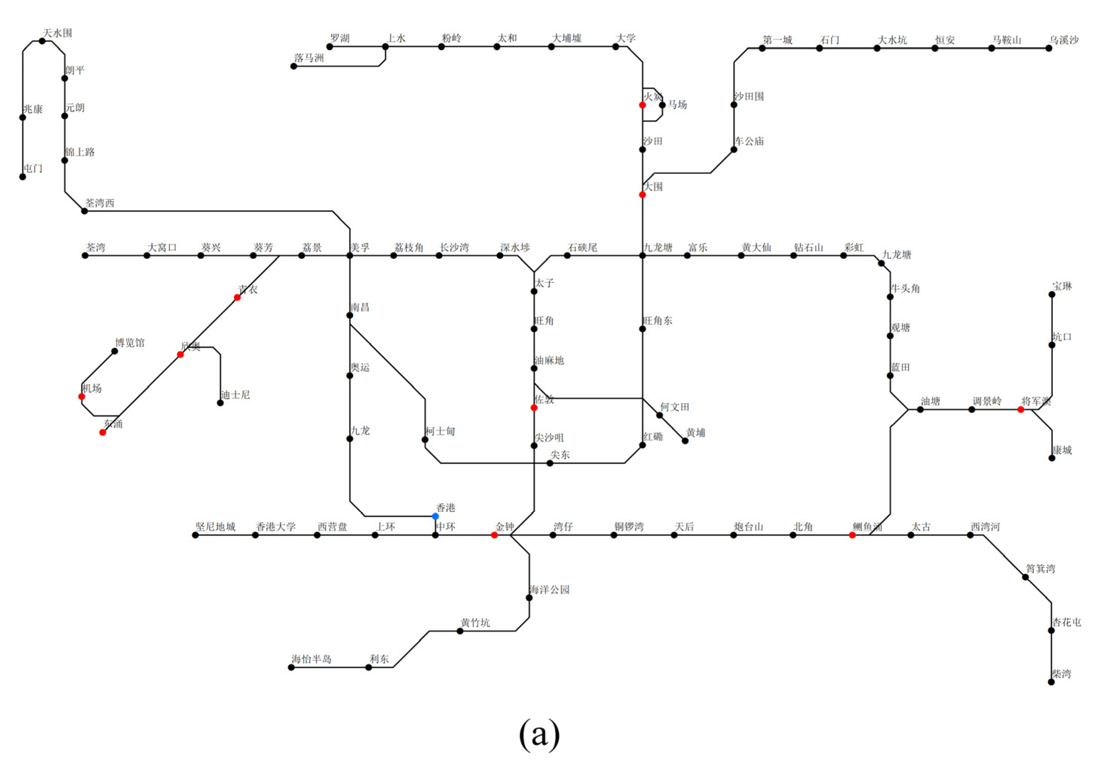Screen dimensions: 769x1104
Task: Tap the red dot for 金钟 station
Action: point(494,535)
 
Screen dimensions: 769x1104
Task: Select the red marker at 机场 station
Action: point(82,397)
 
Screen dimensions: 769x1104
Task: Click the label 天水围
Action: point(58,33)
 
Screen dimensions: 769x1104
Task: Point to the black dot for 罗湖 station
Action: point(329,47)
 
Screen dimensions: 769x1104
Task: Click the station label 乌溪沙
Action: point(1064,40)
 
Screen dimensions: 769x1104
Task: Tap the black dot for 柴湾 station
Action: point(1052,682)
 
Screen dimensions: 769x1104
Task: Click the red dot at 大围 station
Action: point(642,195)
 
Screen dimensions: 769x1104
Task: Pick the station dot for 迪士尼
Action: point(220,403)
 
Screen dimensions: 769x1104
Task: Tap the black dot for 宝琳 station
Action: point(1052,294)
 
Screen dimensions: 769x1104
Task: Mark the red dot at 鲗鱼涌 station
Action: point(852,535)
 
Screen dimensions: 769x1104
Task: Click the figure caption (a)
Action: point(539,734)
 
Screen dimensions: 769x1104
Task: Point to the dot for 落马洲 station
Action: point(294,66)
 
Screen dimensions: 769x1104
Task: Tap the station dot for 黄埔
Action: point(685,441)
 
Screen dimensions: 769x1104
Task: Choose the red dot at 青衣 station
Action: point(237,298)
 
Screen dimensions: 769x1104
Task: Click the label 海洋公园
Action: point(549,590)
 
